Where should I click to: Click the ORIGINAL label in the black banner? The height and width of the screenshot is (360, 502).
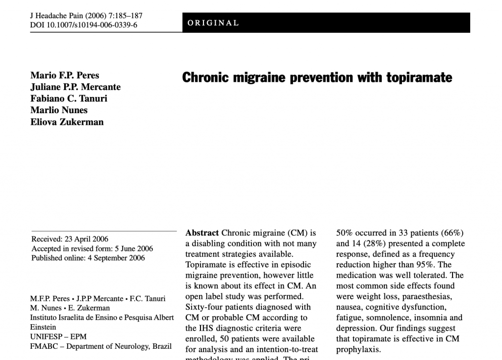pos(213,23)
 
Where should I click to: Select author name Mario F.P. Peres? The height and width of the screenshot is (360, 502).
pos(65,75)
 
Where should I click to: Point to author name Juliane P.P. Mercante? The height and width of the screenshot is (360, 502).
pos(75,87)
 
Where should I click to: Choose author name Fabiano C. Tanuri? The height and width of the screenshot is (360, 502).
pos(69,98)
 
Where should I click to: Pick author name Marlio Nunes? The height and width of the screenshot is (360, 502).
pos(59,110)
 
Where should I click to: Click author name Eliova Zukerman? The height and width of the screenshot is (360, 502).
pos(67,122)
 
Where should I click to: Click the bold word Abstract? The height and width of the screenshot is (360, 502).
pos(202,233)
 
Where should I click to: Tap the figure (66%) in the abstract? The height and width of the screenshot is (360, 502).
pos(452,233)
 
